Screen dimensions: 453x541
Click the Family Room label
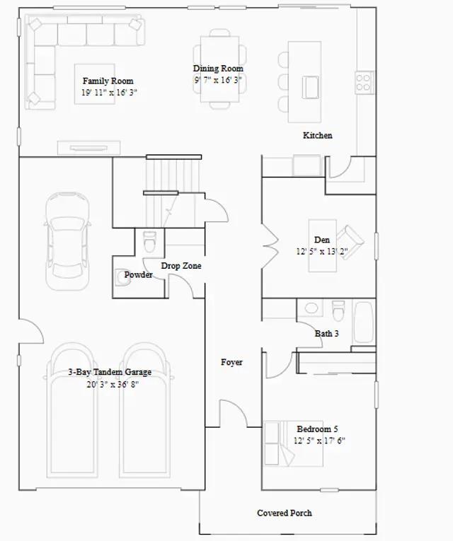click(108, 81)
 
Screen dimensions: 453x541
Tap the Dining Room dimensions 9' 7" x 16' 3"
click(217, 80)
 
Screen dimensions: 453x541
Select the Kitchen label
click(318, 135)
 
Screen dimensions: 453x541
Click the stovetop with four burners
click(364, 82)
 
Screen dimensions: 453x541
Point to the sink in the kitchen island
click(311, 87)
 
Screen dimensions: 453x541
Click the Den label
click(322, 240)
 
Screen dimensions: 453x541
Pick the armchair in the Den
click(350, 242)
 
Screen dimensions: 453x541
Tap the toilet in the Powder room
click(150, 241)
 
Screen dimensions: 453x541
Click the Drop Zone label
click(181, 266)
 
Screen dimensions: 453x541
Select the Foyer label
click(231, 362)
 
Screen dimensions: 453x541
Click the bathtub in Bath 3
click(364, 322)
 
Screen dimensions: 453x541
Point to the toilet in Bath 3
click(338, 310)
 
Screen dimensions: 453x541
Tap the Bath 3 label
click(326, 334)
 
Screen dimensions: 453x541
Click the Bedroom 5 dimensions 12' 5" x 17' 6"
click(319, 441)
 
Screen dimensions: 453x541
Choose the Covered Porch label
click(284, 513)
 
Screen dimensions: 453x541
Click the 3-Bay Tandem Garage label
click(110, 372)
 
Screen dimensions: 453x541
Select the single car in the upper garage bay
click(68, 241)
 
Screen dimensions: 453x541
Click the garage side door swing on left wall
click(38, 327)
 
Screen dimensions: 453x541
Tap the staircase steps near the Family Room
click(173, 192)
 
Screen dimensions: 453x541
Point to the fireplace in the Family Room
click(88, 148)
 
